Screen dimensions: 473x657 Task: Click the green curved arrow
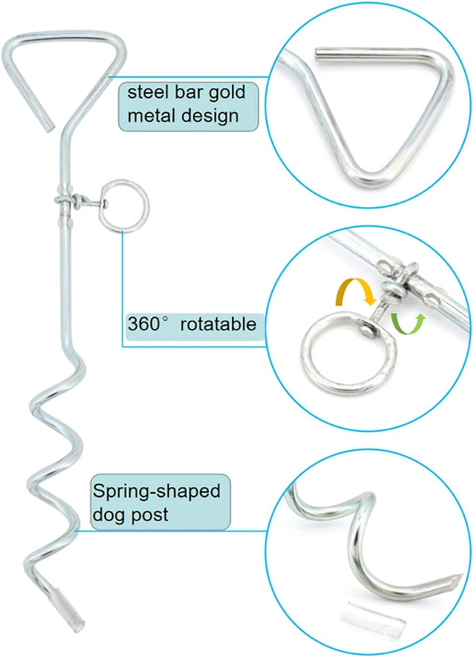[408, 323]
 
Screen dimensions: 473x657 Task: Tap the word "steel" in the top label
[145, 92]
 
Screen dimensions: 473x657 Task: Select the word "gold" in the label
[227, 93]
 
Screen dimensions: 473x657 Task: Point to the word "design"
[210, 116]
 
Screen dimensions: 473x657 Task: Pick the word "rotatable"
[218, 324]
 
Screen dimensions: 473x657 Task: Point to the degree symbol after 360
[165, 319]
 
